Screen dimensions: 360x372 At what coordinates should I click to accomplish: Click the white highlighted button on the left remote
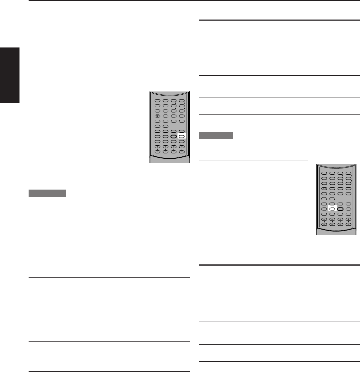(x=182, y=137)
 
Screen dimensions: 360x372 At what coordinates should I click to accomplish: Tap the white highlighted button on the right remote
(x=332, y=209)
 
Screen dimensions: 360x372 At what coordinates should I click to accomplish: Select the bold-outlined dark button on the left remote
(x=174, y=137)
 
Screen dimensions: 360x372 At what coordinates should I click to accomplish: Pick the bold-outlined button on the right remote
(x=340, y=209)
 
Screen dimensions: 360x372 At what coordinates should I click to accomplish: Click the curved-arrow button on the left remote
(x=157, y=116)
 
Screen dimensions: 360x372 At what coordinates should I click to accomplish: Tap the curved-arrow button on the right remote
(x=324, y=189)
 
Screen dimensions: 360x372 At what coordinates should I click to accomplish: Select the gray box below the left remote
(x=47, y=193)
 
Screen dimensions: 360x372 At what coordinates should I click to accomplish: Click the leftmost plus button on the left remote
(x=157, y=147)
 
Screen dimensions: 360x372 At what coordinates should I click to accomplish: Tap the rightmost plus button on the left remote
(x=182, y=147)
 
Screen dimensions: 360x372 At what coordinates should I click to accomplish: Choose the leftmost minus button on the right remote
(x=324, y=224)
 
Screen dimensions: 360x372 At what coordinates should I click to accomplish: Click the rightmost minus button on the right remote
(x=348, y=224)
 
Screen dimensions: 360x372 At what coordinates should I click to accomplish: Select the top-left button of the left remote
(x=157, y=101)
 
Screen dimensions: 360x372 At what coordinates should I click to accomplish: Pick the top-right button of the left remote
(x=182, y=101)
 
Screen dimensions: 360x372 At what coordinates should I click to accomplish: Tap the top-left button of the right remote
(x=324, y=173)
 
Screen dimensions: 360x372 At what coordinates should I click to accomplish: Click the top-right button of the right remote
(x=348, y=173)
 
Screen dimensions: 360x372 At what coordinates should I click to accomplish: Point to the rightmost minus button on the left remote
(x=182, y=152)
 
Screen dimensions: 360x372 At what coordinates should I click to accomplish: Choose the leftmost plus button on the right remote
(x=324, y=219)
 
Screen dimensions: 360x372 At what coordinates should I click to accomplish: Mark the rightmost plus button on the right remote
(x=348, y=219)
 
